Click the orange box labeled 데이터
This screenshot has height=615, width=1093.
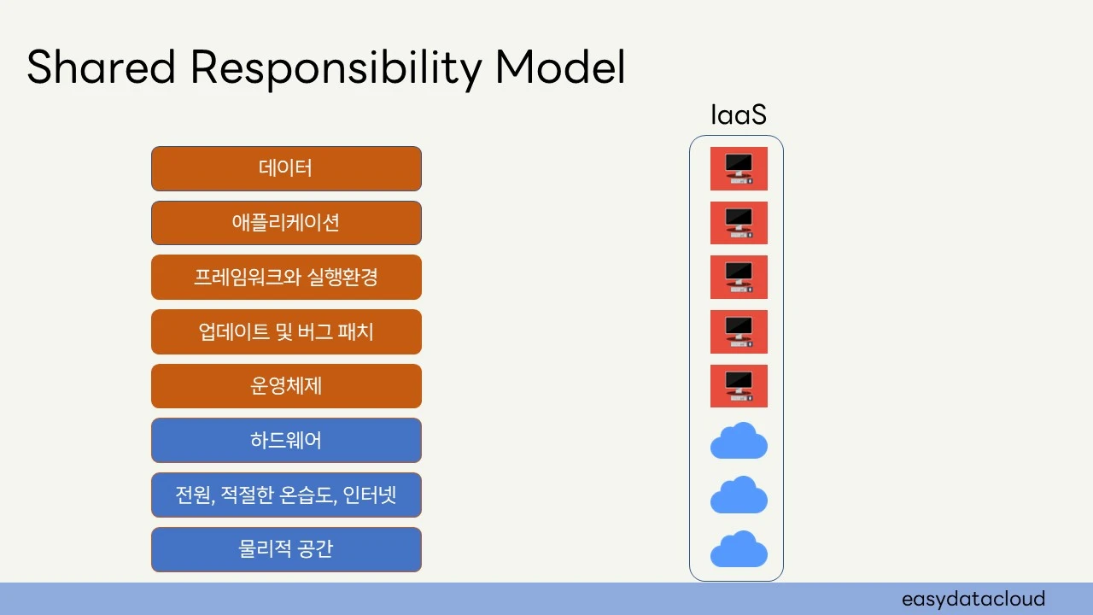(x=286, y=168)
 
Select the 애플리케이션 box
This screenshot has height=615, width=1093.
(x=286, y=223)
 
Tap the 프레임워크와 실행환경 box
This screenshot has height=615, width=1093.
(x=286, y=278)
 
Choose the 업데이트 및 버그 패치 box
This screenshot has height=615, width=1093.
(x=286, y=331)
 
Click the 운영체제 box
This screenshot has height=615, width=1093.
(x=286, y=386)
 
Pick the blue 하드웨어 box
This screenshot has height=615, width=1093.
(x=286, y=441)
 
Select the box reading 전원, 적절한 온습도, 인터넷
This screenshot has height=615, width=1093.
(x=286, y=495)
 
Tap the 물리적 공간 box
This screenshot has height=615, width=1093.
(x=286, y=549)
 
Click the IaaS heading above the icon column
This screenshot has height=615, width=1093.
(x=739, y=115)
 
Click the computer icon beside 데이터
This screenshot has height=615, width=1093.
(x=739, y=168)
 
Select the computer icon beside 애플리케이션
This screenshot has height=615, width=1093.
(x=739, y=223)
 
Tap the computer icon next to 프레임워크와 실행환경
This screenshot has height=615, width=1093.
(x=739, y=278)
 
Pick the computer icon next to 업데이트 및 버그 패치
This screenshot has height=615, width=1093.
(x=739, y=331)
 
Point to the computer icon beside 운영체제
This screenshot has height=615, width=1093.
(x=739, y=386)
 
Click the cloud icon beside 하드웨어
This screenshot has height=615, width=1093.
(x=739, y=442)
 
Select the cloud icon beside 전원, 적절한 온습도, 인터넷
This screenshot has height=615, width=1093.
(x=739, y=495)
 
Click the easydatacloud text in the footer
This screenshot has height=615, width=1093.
(x=973, y=599)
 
